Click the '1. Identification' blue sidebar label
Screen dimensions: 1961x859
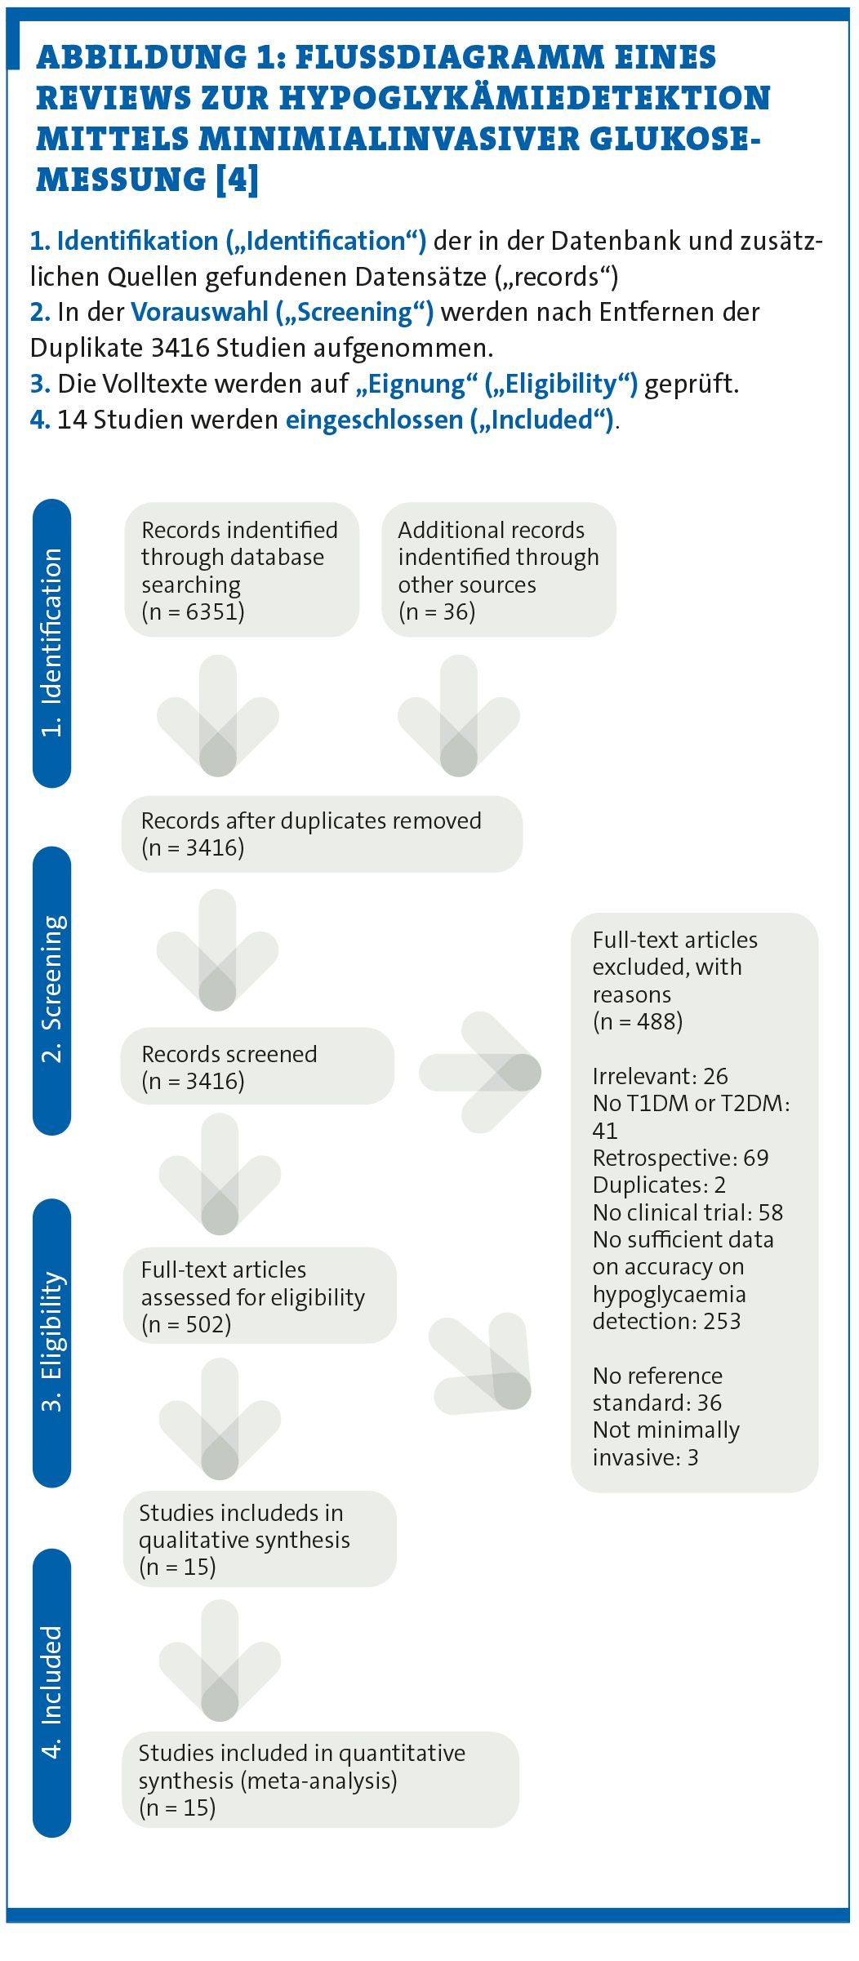51,643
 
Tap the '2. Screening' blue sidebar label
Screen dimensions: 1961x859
51,989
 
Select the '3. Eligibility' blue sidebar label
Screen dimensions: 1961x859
51,1342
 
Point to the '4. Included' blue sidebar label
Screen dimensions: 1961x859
51,1692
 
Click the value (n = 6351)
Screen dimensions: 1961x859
193,611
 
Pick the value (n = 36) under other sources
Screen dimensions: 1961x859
437,611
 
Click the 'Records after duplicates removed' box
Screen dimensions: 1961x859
322,834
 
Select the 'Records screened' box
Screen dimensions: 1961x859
257,1066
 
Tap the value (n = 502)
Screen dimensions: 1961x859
186,1324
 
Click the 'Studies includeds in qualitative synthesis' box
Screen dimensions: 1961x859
260,1539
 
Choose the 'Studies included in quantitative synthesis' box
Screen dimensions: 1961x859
320,1780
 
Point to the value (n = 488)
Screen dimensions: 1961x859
638,1021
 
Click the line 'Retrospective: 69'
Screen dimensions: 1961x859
680,1158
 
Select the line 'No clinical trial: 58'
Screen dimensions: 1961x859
688,1212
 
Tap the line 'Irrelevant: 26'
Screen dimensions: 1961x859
660,1076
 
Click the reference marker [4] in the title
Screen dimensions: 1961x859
237,179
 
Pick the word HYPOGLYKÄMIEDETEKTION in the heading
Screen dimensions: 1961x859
525,98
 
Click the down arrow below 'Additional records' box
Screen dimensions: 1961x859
459,716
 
